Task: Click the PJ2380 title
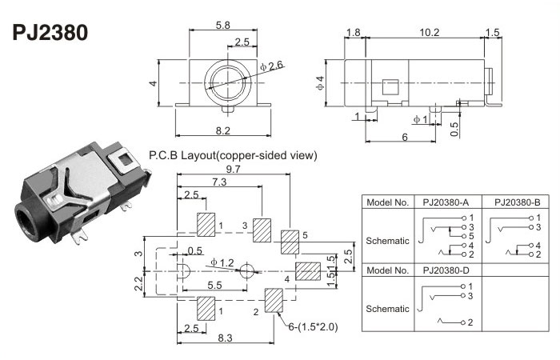click(x=50, y=33)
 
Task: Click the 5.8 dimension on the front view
click(x=225, y=25)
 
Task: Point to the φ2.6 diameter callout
click(x=272, y=65)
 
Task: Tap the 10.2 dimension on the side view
click(x=429, y=32)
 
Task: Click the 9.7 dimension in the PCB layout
click(x=234, y=170)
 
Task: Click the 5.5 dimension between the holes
click(x=214, y=285)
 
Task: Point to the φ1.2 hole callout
click(x=222, y=262)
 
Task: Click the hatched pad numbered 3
click(x=262, y=229)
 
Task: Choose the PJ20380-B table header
click(x=516, y=202)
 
